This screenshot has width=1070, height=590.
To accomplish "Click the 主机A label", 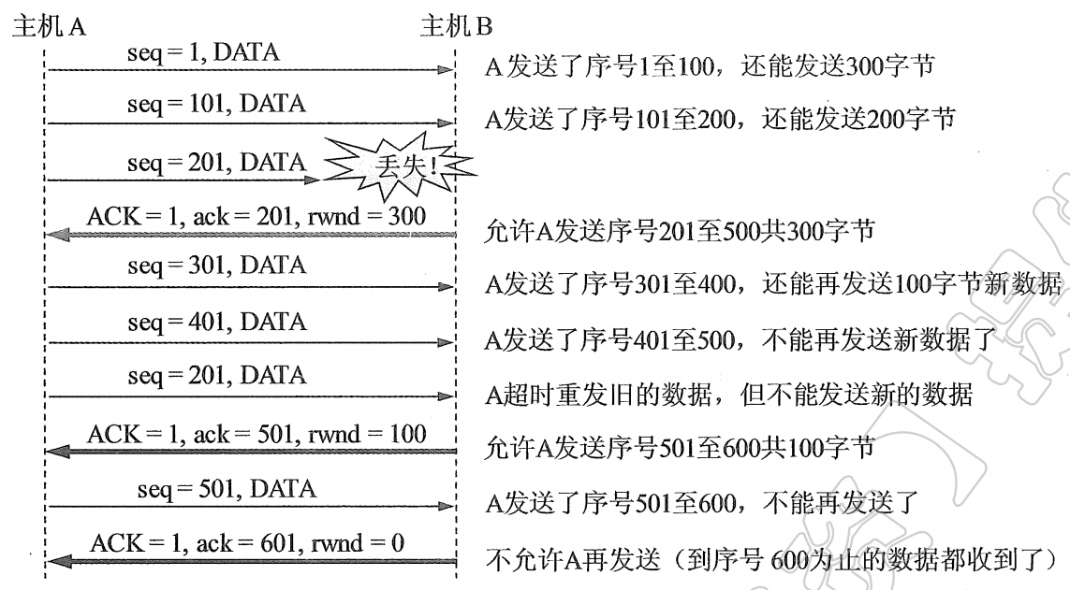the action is pos(49,27).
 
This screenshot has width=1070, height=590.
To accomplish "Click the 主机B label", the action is pos(457,27).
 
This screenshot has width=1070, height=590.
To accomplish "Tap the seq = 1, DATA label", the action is pos(203,53).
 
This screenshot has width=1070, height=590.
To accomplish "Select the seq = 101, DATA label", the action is pos(216,104).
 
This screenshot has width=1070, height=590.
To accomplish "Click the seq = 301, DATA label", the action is pos(216,266).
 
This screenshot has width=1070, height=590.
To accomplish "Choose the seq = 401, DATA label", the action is pos(216,322).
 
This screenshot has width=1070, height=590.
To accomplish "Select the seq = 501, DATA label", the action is pos(226,488).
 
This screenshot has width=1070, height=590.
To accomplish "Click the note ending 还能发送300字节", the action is pos(711,67).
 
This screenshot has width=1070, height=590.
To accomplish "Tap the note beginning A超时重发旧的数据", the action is pos(729,395).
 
